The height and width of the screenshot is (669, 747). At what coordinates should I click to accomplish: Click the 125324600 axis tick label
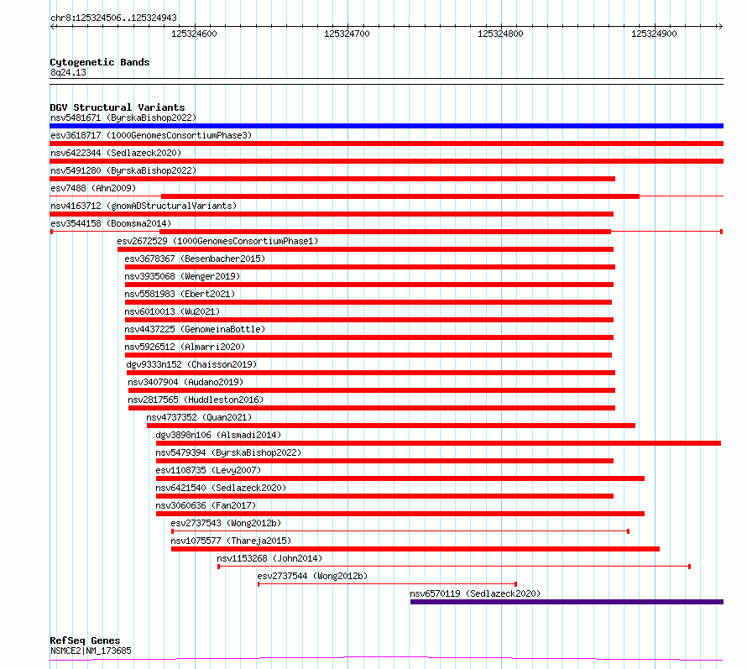[x=194, y=34]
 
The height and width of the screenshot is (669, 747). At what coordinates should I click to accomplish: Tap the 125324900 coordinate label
[x=654, y=34]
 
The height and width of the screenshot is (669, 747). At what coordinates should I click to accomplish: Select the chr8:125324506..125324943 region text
[x=113, y=18]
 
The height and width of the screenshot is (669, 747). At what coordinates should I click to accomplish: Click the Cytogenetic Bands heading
[x=100, y=62]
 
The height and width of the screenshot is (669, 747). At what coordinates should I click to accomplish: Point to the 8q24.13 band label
[x=68, y=72]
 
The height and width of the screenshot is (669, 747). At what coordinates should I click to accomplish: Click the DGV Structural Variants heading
[x=118, y=107]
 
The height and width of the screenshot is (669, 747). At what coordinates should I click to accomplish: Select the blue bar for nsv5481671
[x=386, y=126]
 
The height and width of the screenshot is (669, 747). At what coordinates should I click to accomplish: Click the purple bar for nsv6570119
[x=567, y=602]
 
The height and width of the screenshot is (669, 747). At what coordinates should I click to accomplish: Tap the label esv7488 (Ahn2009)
[x=93, y=188]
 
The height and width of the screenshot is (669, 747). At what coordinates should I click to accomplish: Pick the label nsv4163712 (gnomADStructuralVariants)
[x=144, y=206]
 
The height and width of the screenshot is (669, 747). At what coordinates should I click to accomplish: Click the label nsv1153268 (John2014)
[x=269, y=558]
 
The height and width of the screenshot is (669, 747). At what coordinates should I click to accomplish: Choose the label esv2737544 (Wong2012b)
[x=312, y=576]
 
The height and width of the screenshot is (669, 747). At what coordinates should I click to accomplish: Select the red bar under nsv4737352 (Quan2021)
[x=391, y=426]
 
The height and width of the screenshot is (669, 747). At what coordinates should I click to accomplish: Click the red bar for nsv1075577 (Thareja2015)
[x=415, y=549]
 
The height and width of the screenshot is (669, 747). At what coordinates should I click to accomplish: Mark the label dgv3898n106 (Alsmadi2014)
[x=218, y=435]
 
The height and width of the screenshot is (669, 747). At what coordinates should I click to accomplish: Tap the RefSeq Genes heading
[x=85, y=640]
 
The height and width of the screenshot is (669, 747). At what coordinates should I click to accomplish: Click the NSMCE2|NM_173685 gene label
[x=91, y=651]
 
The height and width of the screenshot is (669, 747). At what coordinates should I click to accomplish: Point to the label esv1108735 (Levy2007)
[x=208, y=470]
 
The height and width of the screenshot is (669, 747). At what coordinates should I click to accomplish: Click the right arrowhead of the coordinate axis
[x=721, y=27]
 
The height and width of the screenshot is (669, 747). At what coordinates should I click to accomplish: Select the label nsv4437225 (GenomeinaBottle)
[x=195, y=329]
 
